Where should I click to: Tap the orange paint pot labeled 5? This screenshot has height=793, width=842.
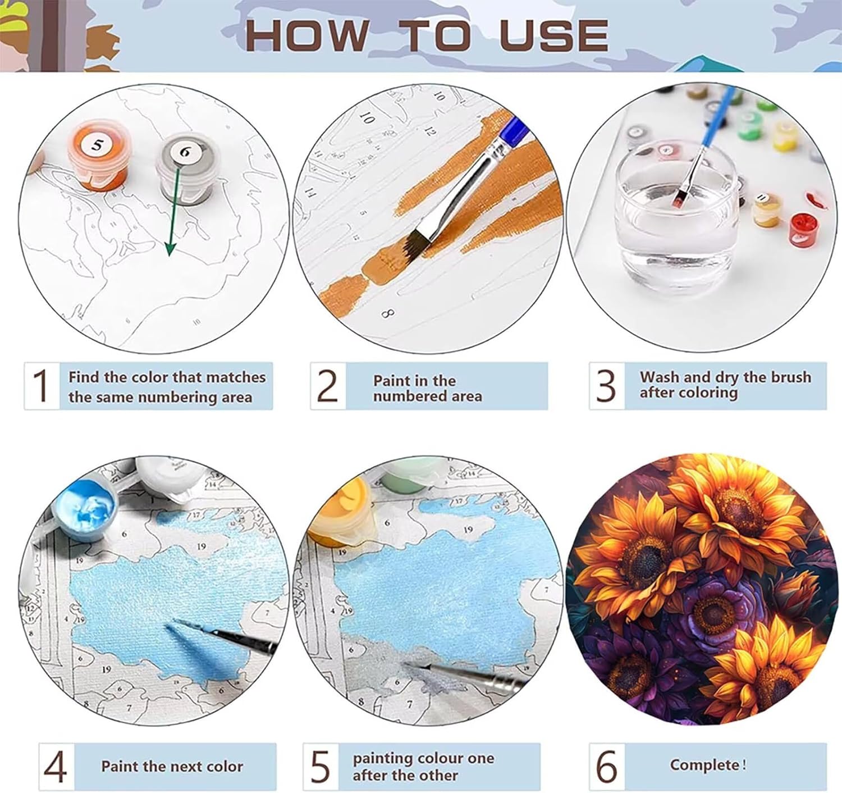pos(98,156)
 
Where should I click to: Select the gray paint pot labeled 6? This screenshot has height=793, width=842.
pos(186,170)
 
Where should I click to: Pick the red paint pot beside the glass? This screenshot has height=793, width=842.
pos(804,231)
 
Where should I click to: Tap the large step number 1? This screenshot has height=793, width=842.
pos(41,385)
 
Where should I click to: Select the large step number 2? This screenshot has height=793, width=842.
pos(327,386)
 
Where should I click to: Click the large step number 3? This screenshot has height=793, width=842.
pos(606,386)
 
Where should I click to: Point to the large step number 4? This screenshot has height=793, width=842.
pos(56,766)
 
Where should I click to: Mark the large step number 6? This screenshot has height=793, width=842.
pos(606,766)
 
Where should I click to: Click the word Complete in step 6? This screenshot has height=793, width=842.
pos(704,765)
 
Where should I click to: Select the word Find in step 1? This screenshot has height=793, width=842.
pos(84,377)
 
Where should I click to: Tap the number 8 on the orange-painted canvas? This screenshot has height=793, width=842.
pos(389,314)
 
